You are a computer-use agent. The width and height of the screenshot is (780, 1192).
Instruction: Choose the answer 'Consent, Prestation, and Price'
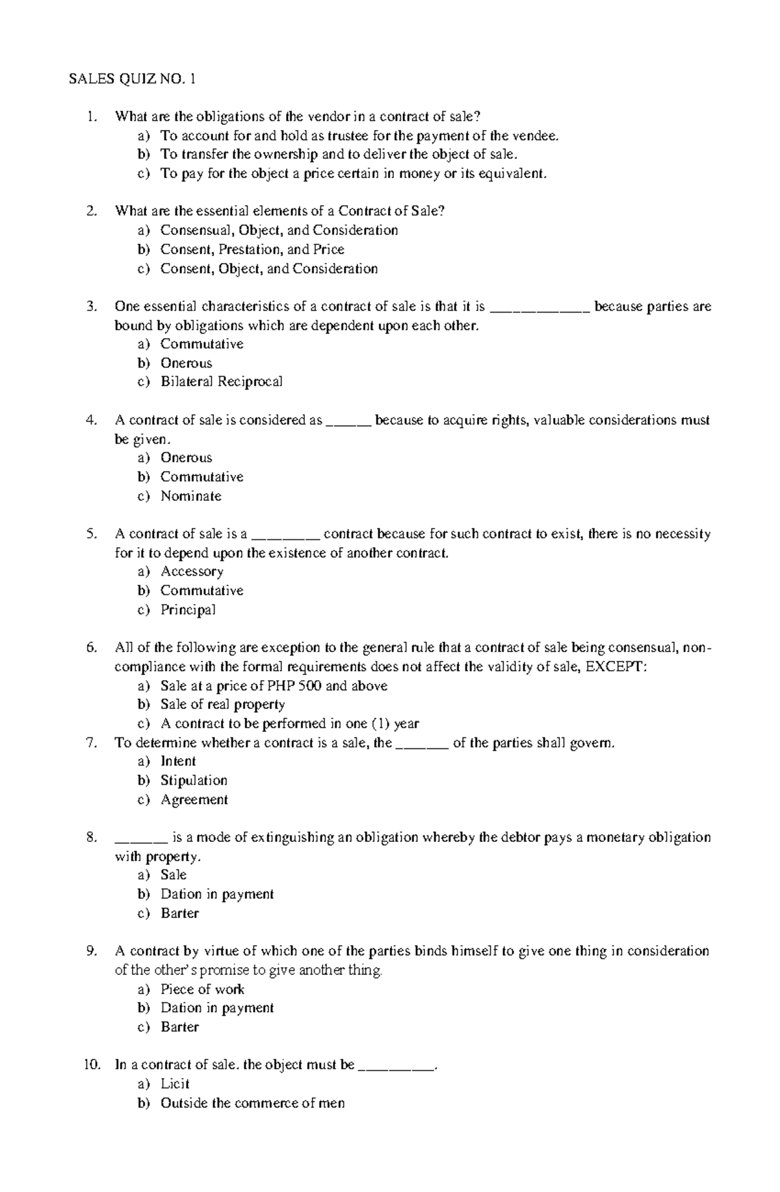252,249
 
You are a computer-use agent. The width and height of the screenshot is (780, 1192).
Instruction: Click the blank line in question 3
539,307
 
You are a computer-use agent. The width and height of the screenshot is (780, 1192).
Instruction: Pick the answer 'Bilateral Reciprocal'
221,382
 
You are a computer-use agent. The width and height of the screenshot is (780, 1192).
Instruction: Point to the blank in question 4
348,421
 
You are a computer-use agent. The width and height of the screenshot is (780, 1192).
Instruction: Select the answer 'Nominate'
190,496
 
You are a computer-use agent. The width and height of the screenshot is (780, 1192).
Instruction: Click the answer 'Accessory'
192,572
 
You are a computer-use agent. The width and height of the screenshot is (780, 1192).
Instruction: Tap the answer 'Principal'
188,610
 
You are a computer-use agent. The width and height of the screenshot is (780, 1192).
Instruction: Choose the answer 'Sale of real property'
222,705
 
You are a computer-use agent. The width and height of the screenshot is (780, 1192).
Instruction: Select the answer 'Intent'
178,761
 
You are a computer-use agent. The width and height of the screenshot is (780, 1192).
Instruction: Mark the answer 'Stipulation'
194,780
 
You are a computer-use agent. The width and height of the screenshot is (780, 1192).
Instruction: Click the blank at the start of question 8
142,838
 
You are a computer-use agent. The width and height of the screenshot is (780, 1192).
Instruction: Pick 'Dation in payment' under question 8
217,894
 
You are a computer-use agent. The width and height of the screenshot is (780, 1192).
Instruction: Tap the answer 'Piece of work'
202,989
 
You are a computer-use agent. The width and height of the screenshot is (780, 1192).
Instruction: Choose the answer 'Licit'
175,1084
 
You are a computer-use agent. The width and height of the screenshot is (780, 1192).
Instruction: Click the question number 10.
92,1065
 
